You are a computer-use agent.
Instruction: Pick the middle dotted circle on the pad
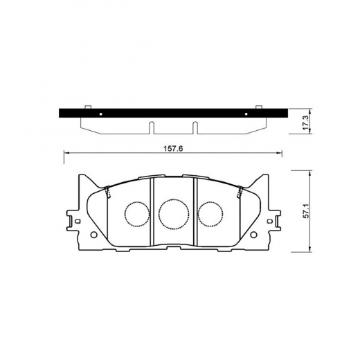173,214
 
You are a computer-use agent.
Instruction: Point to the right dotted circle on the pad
210,214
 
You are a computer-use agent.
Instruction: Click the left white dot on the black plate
100,113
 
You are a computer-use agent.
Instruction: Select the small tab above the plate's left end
88,107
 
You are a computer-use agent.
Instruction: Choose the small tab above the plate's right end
258,107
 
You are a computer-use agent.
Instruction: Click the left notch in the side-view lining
150,127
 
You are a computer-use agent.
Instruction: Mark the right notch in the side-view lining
195,127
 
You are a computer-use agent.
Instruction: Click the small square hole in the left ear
77,222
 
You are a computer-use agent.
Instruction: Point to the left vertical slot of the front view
152,211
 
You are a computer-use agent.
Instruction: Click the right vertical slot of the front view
195,211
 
